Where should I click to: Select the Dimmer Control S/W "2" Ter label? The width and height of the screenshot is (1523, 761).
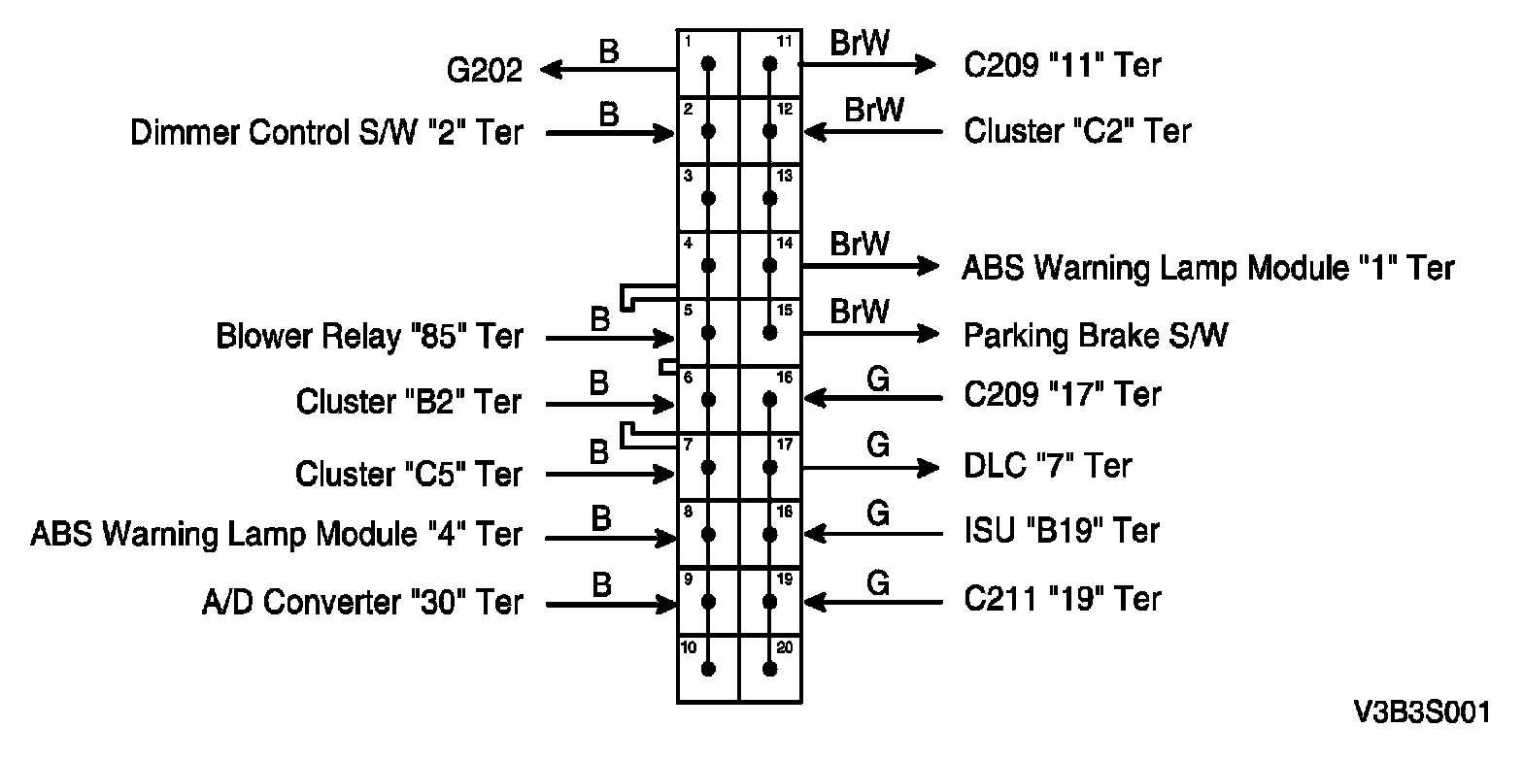(326, 132)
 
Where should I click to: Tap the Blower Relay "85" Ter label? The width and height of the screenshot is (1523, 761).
(369, 337)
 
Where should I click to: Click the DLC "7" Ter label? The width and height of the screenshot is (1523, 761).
(1048, 466)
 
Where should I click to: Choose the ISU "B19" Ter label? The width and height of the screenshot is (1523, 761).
(1062, 532)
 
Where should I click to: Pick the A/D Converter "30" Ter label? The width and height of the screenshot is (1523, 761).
(362, 603)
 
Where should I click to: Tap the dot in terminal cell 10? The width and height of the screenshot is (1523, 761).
(708, 669)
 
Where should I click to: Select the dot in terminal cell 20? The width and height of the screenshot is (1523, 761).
(770, 669)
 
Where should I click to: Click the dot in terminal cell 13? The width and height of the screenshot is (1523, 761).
(770, 198)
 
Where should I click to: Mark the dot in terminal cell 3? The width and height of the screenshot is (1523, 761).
(708, 198)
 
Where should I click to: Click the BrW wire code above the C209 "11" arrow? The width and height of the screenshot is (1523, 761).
(860, 44)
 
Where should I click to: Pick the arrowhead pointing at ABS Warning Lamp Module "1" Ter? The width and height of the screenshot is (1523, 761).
(929, 266)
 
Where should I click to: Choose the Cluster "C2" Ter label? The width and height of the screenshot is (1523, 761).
(1077, 131)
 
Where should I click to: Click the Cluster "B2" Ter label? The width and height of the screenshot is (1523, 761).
(409, 402)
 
